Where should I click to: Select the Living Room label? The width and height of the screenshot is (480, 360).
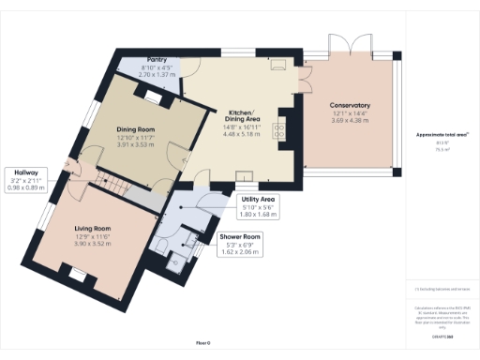[93, 228]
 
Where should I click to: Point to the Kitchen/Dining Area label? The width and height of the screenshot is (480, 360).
[241, 114]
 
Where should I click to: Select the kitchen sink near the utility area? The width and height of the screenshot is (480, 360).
[245, 175]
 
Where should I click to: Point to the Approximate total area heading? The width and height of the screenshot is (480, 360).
[442, 136]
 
